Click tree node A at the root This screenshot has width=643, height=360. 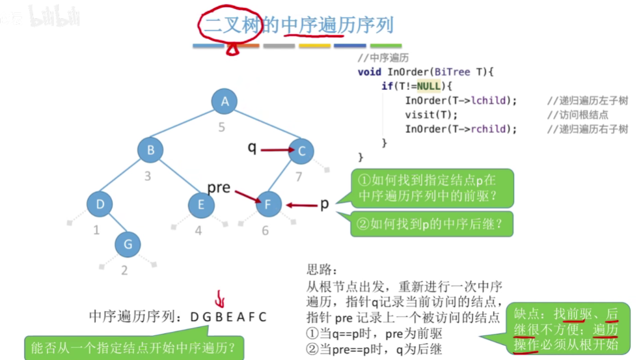pos(225,101)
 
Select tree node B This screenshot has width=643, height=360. pos(150,150)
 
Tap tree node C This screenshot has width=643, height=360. pos(301,151)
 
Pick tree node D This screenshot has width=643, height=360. pos(100,204)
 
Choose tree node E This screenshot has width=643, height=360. pos(200,204)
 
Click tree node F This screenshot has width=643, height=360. pos(268,204)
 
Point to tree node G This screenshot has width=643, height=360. pos(128,244)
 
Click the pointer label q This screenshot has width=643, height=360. pos(252,148)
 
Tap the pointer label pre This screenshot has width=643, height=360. pos(219,187)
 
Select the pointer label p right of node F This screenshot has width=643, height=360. pos(324,204)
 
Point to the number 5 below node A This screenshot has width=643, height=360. pos(222,127)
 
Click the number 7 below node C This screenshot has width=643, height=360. pos(299,177)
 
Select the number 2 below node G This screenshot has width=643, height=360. pos(124,270)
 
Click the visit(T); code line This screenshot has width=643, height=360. pos(427,115)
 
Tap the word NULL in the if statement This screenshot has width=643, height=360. pos(428,86)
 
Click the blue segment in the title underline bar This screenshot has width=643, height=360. pos(208,46)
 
